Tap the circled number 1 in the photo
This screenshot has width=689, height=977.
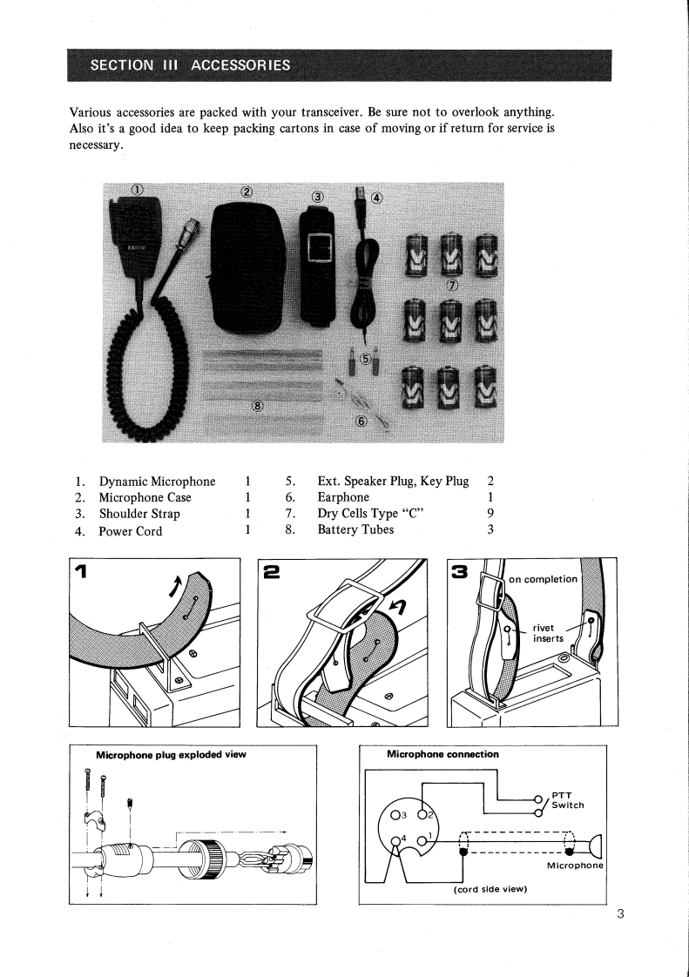(x=137, y=191)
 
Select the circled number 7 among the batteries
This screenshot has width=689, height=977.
(x=451, y=285)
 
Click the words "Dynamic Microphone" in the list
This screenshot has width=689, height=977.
(x=158, y=482)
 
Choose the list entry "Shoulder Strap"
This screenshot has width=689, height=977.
(x=140, y=514)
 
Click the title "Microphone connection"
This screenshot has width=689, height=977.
(x=442, y=754)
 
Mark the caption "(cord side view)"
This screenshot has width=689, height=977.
(x=487, y=890)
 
